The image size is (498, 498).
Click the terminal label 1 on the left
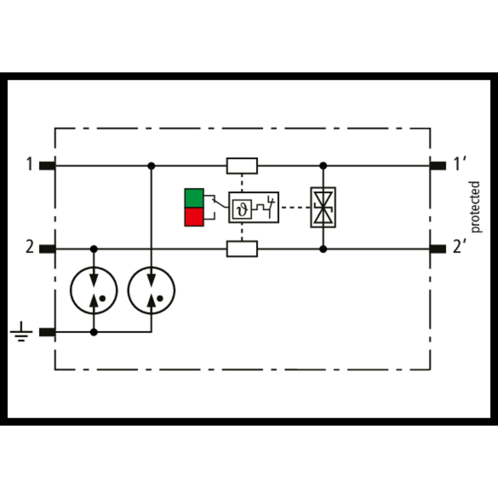[30, 164]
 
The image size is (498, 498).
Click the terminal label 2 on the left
[30, 247]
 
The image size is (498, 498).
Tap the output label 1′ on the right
[460, 164]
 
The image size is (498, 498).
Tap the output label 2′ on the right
[460, 247]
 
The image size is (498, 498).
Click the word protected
[475, 207]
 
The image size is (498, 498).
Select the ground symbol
[21, 332]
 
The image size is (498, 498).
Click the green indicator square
[194, 198]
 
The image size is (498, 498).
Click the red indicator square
[194, 217]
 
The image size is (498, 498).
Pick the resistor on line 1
[242, 166]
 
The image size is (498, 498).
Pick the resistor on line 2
[242, 249]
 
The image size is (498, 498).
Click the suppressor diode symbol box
[323, 207]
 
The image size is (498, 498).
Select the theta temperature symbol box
[242, 209]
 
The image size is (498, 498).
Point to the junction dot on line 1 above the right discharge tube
[151, 166]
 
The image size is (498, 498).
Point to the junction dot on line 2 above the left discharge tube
[94, 249]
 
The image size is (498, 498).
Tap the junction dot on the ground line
[94, 332]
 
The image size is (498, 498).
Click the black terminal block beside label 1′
[438, 166]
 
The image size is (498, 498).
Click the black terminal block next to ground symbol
[47, 332]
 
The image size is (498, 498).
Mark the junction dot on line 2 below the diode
[323, 249]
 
